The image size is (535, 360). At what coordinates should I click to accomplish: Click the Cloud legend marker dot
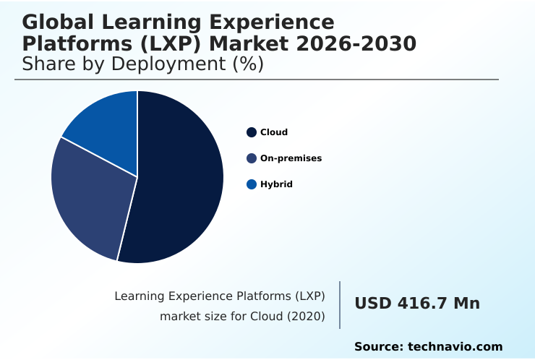(252, 132)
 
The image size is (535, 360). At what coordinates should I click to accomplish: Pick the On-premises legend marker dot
(252, 158)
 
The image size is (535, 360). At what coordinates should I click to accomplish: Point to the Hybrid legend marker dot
(252, 184)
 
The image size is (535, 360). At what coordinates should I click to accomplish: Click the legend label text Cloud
(274, 132)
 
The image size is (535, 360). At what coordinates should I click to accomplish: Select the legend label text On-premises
(291, 158)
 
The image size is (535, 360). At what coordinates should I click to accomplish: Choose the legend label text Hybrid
(276, 184)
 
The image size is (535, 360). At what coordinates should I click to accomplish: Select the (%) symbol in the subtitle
(247, 64)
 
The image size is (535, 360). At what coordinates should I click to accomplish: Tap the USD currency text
(372, 304)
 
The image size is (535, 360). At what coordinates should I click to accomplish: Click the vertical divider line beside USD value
(340, 304)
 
